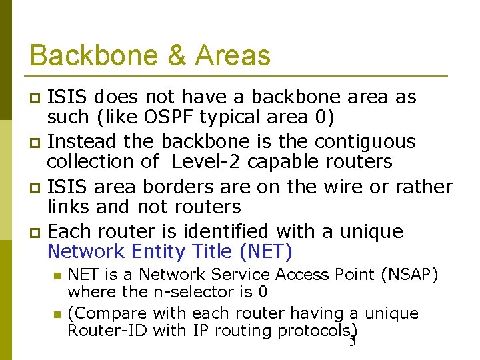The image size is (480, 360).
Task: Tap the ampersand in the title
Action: [177, 55]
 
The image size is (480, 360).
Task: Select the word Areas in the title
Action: [233, 55]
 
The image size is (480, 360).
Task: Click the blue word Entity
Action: [159, 251]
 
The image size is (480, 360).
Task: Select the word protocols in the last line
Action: [313, 330]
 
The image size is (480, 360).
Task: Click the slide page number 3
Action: [353, 341]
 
